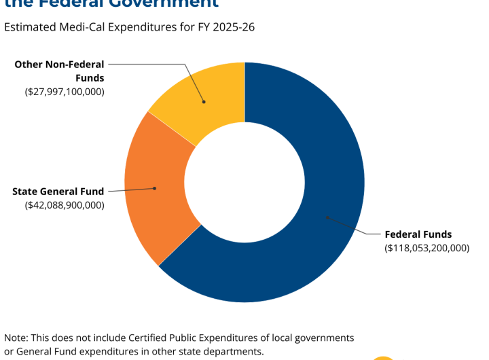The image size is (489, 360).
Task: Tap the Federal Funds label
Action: click(x=418, y=234)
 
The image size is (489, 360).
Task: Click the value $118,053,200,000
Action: click(x=427, y=248)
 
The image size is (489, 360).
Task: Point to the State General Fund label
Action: click(x=58, y=192)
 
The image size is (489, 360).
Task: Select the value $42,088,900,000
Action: click(x=65, y=204)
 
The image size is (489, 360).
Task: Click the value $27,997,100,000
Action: click(x=65, y=91)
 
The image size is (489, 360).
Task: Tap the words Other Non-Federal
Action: click(x=59, y=65)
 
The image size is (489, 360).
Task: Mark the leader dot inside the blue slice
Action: click(x=327, y=217)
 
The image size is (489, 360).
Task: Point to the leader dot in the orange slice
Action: click(x=155, y=188)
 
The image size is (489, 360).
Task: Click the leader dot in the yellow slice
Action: click(x=203, y=102)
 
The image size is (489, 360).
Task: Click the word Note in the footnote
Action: click(x=16, y=338)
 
